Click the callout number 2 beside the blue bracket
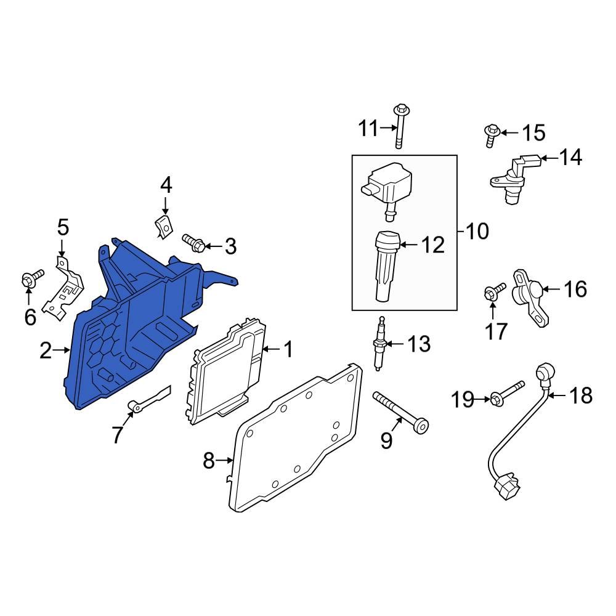point(46,351)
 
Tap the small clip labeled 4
point(163,226)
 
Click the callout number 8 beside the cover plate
point(209,460)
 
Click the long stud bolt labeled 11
point(399,127)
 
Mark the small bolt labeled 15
point(491,134)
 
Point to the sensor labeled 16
point(529,295)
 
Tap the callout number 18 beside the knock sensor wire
point(578,395)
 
